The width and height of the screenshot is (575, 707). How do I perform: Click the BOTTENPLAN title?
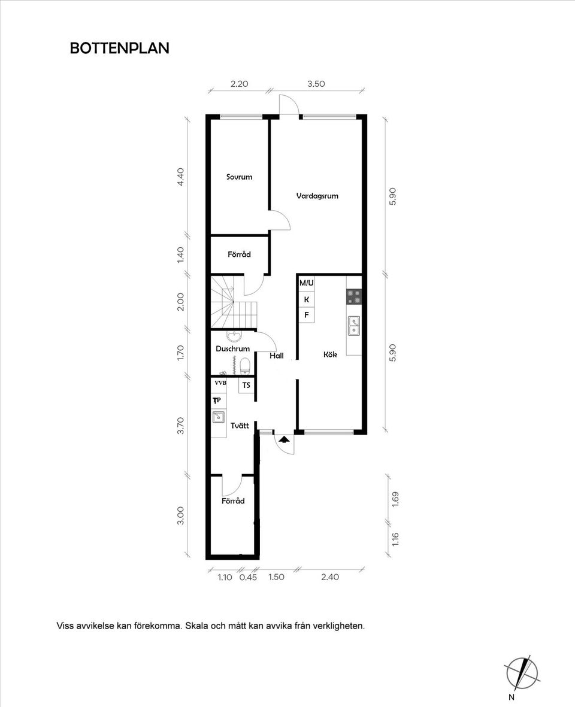coord(120,48)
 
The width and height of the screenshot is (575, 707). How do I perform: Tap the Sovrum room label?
coord(239,177)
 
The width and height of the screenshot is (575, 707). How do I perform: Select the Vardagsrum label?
coord(317,196)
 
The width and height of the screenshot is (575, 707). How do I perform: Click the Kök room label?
coord(330,354)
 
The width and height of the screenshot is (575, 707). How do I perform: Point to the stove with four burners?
coord(354,296)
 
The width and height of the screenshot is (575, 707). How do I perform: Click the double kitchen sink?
coord(354,326)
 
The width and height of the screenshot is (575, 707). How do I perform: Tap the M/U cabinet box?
coord(307,283)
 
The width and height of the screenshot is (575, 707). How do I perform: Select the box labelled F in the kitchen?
coord(307,315)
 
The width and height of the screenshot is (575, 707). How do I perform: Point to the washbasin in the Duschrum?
coord(235,336)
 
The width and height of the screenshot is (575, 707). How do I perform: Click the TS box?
coord(246,385)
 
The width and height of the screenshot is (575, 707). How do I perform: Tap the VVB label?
coord(220,383)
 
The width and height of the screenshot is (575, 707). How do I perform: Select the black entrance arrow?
coord(284,439)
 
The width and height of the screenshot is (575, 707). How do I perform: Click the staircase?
coord(234,302)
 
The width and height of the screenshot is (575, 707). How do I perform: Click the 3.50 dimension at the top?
coord(316,84)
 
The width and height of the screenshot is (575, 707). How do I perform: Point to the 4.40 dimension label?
coord(180,177)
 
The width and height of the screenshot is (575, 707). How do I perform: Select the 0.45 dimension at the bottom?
coord(248,577)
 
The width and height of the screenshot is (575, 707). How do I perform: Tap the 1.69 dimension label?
coord(395,499)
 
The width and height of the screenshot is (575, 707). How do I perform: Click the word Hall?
coord(277,356)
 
